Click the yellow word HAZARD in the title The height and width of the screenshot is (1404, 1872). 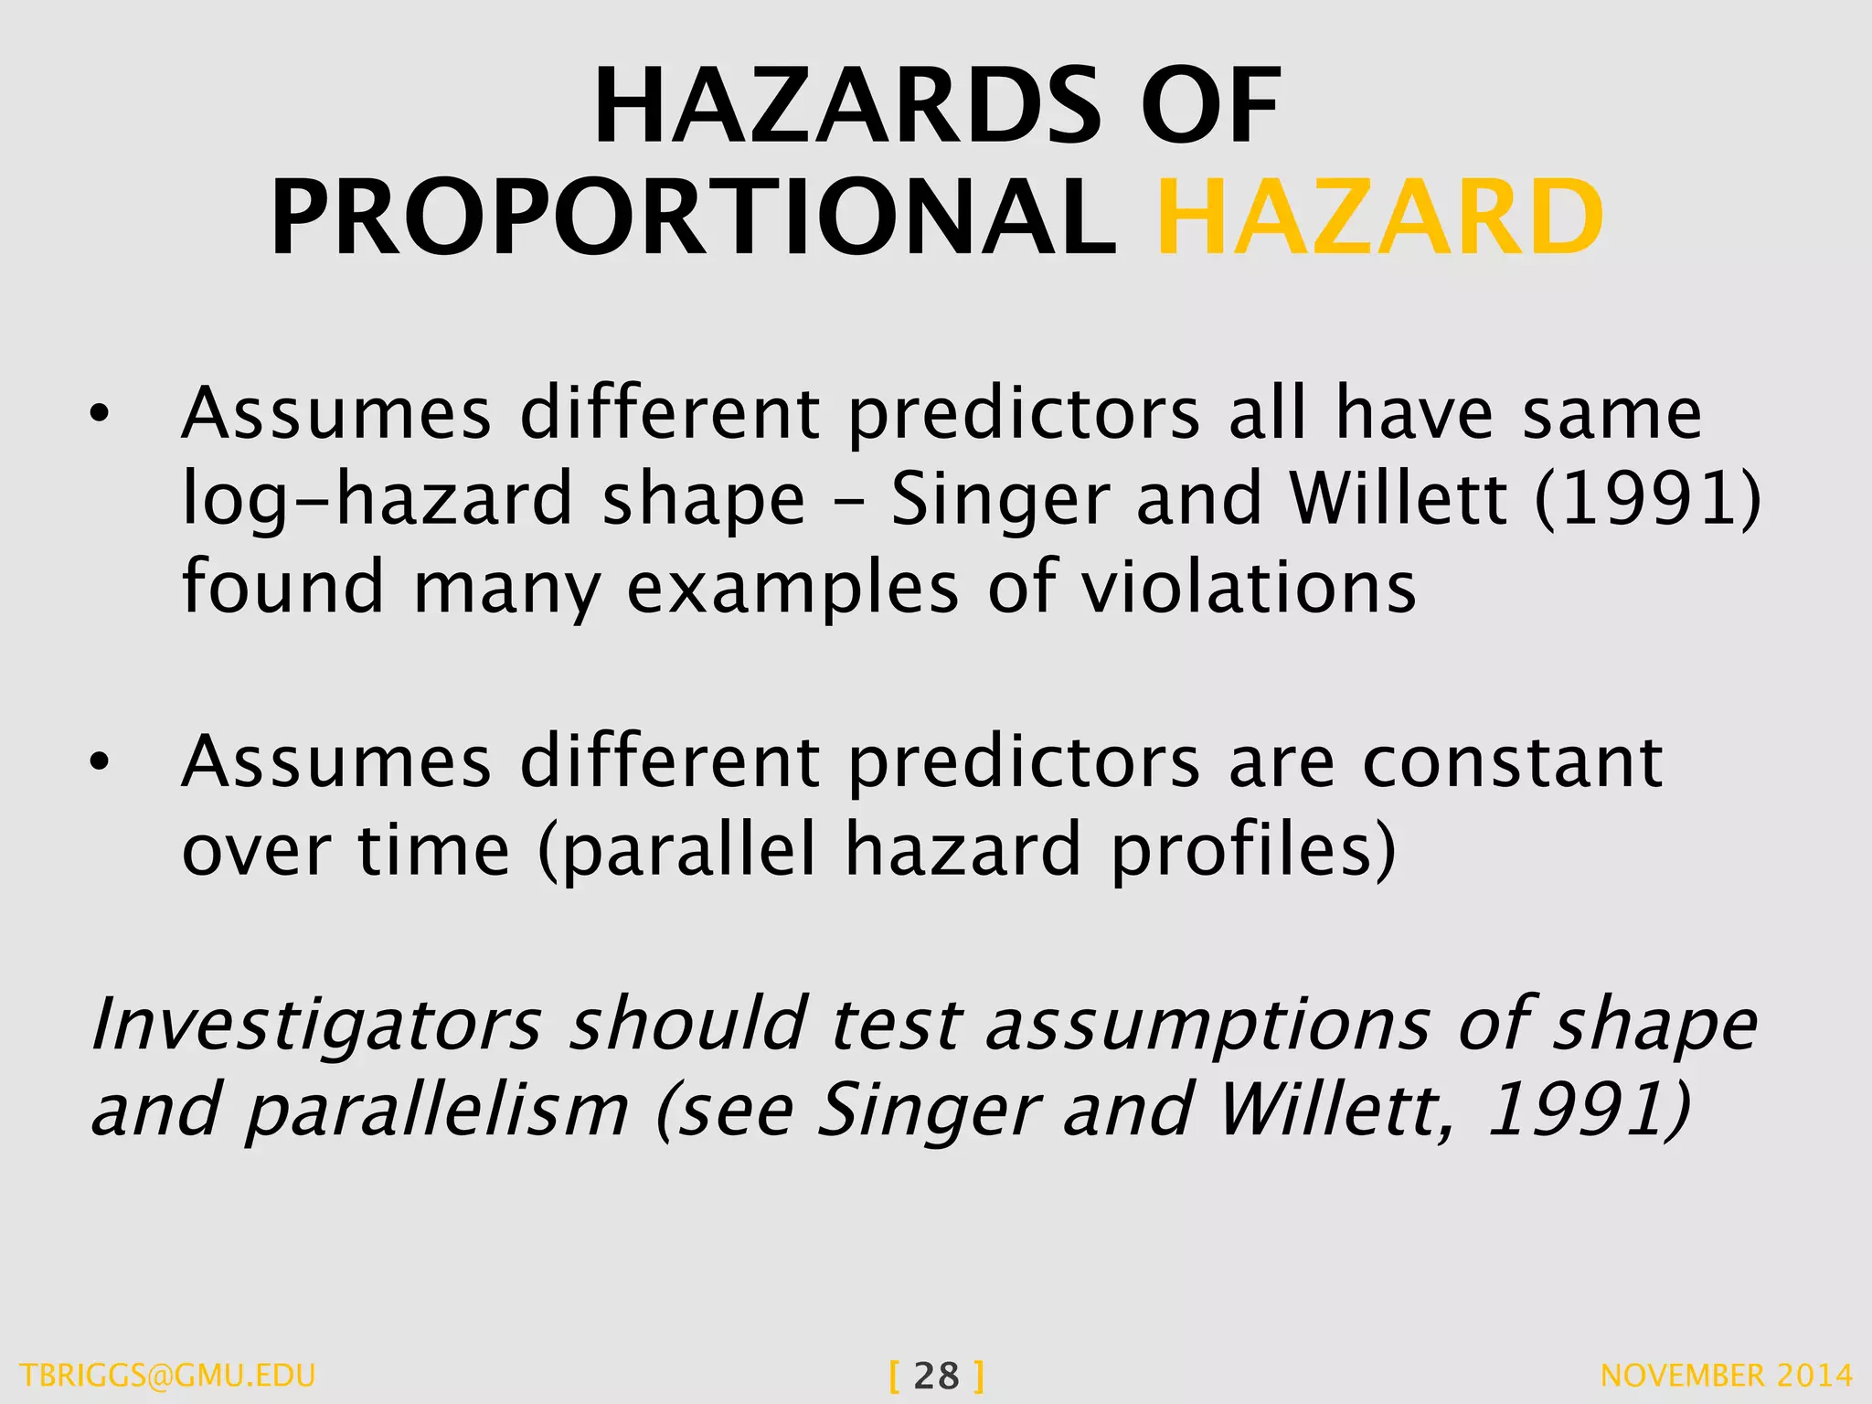(1380, 218)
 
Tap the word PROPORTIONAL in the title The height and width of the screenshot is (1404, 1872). (693, 218)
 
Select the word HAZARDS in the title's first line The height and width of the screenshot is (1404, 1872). (846, 107)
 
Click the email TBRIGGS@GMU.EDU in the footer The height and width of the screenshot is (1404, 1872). (167, 1376)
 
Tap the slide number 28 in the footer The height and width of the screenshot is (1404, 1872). (936, 1376)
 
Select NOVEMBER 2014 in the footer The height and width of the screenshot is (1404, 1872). (1727, 1376)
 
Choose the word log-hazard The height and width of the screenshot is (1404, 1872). (378, 500)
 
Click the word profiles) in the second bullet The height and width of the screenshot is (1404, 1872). (1253, 851)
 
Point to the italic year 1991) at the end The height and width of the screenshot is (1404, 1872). (1589, 1110)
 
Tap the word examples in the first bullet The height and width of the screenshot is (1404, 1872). (792, 589)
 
